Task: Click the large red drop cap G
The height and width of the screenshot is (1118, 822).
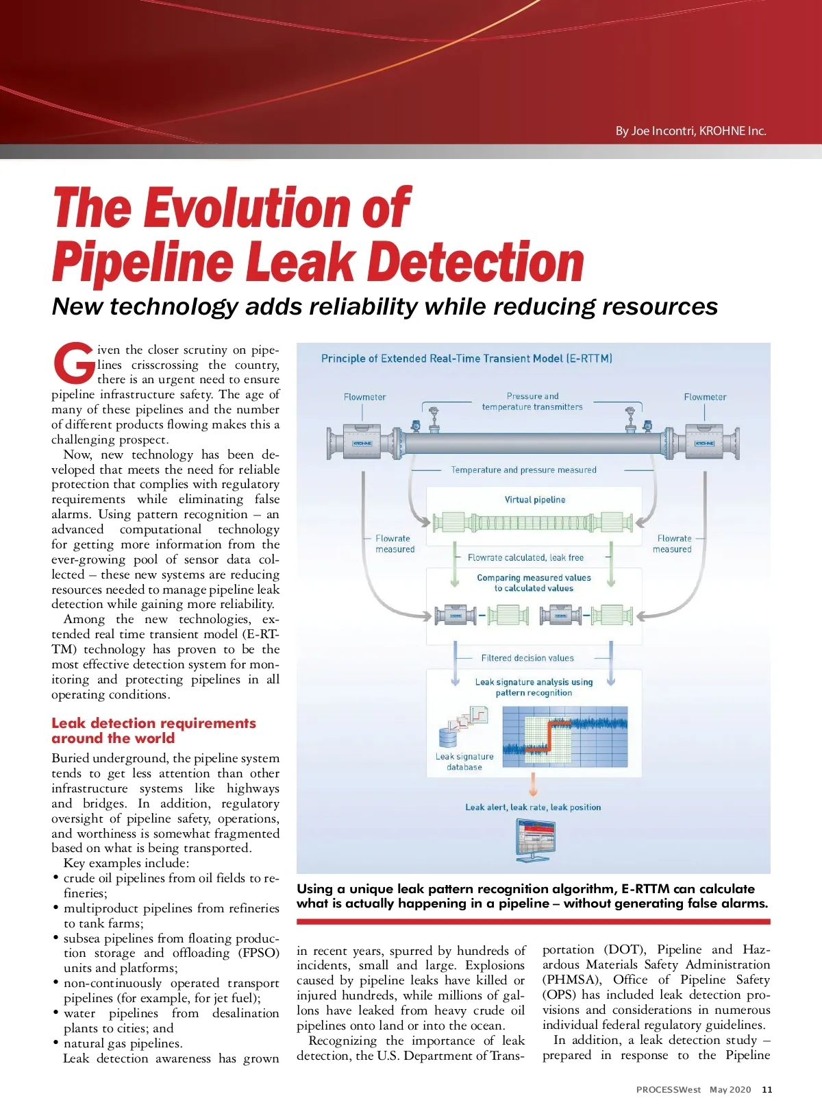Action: (x=73, y=363)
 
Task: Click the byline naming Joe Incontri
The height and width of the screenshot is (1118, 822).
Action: (x=690, y=131)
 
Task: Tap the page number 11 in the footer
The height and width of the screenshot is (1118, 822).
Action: (x=767, y=1089)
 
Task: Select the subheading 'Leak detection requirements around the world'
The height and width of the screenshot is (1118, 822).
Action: (x=153, y=731)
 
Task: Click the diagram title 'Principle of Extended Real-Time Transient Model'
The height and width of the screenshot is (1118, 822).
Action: (x=466, y=359)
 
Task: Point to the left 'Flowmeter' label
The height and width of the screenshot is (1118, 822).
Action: (x=364, y=397)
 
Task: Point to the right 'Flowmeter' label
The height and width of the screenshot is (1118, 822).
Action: (x=705, y=397)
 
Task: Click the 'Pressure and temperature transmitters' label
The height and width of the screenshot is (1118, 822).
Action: (x=532, y=402)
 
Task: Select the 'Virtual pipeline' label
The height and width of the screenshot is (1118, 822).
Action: (x=535, y=500)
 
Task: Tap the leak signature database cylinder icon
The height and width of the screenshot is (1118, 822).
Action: (x=448, y=738)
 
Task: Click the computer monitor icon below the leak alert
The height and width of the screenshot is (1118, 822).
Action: (x=535, y=840)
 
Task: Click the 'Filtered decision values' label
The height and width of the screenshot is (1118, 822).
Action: (x=527, y=658)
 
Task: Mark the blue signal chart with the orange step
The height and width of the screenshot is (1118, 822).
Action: (x=565, y=737)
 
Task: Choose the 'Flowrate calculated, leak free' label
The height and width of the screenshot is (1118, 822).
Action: (x=525, y=558)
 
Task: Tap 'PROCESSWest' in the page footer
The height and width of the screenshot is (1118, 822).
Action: (x=668, y=1089)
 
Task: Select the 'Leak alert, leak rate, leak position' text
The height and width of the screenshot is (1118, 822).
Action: (x=533, y=807)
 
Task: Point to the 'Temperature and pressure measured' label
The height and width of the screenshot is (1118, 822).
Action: (x=523, y=470)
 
